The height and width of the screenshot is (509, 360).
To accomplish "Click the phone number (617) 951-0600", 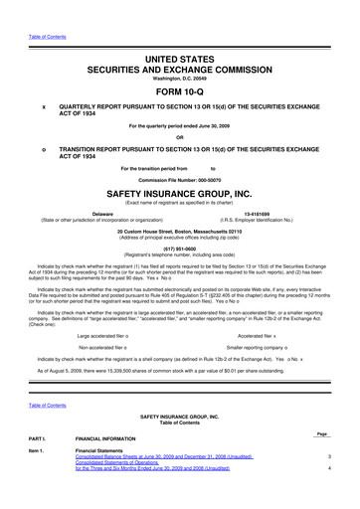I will [x=179, y=251].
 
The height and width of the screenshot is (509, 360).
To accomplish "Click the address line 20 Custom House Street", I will [x=179, y=231].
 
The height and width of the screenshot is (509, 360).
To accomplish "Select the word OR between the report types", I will [x=179, y=136].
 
